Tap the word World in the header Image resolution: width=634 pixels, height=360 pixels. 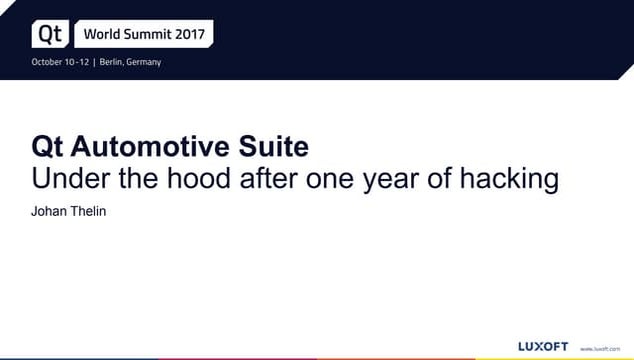[103, 34]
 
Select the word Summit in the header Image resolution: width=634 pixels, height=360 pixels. [151, 34]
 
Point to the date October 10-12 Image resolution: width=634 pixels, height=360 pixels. [59, 62]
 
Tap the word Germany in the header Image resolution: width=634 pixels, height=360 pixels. [144, 62]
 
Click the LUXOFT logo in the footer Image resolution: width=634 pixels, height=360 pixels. [543, 346]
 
